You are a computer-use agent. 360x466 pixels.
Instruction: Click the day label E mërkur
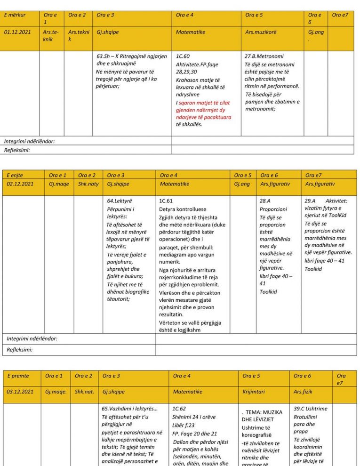(x=15, y=15)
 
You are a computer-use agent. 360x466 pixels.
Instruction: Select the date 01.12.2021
(x=17, y=32)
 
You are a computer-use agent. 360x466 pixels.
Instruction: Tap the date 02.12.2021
(x=20, y=184)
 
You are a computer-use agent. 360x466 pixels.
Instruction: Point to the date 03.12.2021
(x=21, y=392)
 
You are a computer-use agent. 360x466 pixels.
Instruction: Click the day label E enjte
(x=15, y=175)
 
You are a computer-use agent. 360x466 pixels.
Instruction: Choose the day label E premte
(x=18, y=376)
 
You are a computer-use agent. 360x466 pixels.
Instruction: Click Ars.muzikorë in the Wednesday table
(x=261, y=32)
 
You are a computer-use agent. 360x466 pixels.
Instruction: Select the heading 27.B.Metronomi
(x=264, y=56)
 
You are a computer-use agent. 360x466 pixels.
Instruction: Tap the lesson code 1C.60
(x=183, y=56)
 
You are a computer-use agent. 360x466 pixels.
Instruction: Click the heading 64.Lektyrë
(x=120, y=201)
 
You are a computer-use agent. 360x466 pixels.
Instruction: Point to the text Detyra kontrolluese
(x=183, y=209)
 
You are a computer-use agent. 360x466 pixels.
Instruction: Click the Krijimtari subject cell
(x=254, y=392)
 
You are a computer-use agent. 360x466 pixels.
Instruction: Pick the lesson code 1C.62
(x=180, y=409)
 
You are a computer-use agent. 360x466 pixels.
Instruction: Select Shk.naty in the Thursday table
(x=88, y=184)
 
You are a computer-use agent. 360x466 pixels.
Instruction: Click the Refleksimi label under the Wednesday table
(x=17, y=150)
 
